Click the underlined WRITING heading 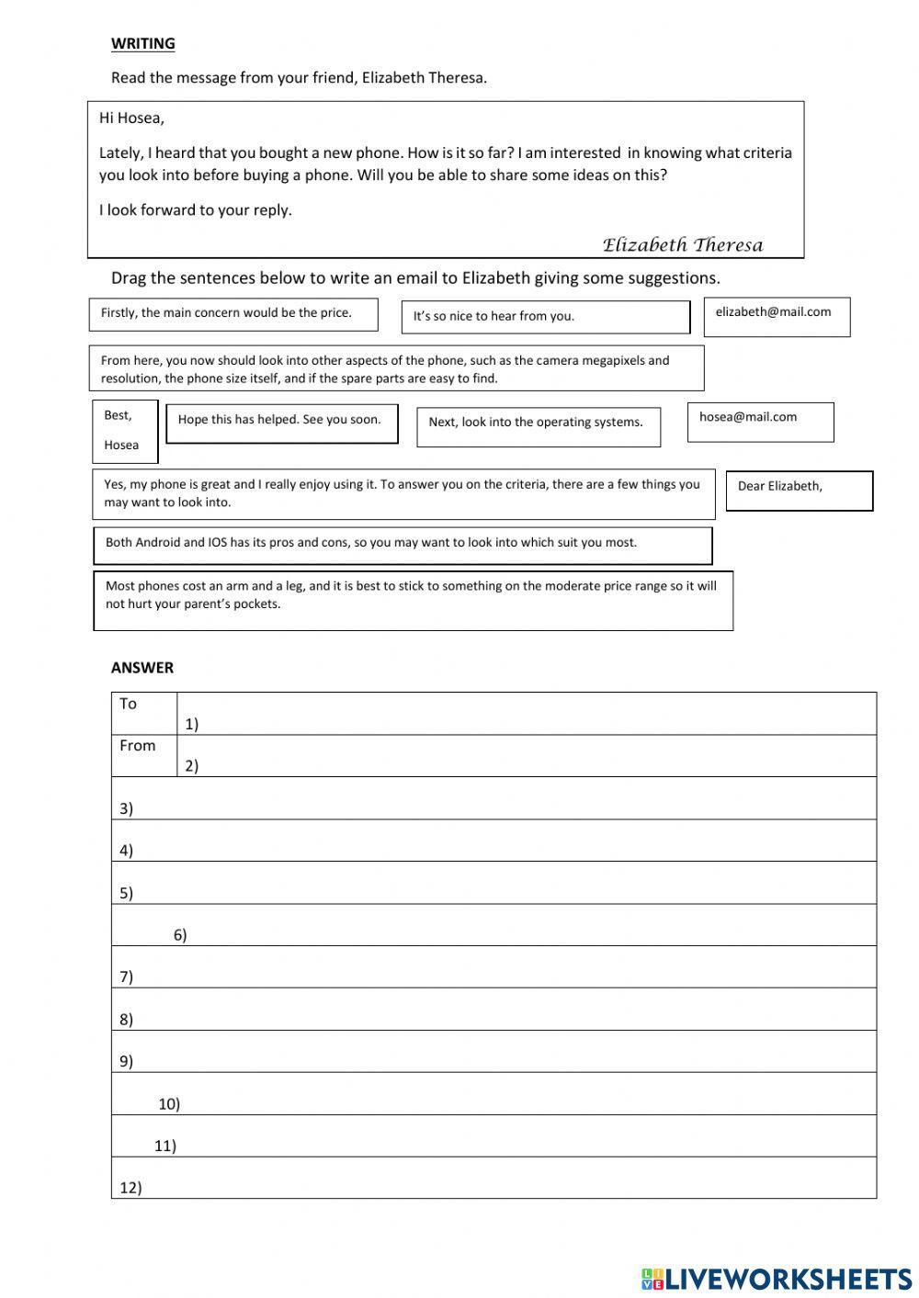click(142, 43)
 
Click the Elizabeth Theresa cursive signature click(682, 244)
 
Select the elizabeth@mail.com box click(777, 316)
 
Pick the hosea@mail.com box click(760, 422)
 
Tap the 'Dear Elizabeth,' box click(799, 491)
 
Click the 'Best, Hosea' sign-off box click(124, 431)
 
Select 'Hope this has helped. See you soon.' click(281, 423)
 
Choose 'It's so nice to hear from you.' click(545, 317)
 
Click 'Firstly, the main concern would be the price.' click(233, 314)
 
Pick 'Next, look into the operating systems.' click(538, 426)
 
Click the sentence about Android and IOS click(402, 545)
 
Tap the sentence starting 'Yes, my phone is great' click(403, 494)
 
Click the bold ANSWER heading click(142, 668)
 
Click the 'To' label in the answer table click(128, 704)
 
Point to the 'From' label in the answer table click(137, 746)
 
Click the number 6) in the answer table click(180, 935)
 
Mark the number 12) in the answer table click(130, 1188)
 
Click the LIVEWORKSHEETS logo click(777, 1278)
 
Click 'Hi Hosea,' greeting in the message click(131, 118)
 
